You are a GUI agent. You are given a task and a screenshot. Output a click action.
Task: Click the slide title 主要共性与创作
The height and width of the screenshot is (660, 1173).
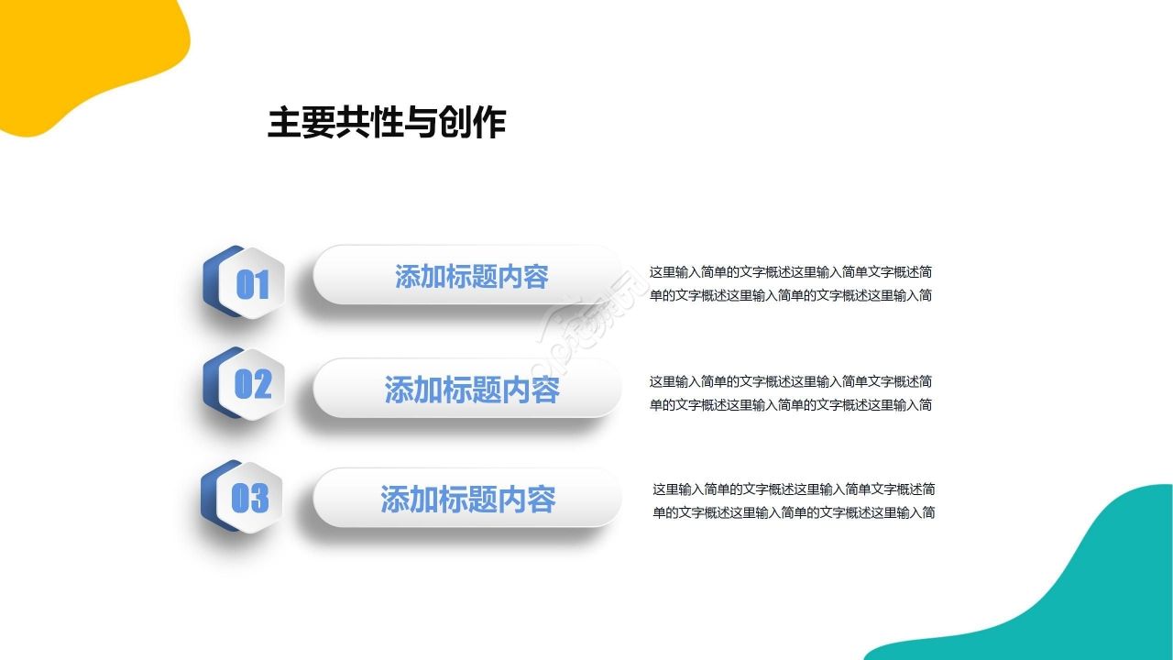(386, 123)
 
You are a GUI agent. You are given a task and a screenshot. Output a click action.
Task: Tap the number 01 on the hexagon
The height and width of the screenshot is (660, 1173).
(253, 285)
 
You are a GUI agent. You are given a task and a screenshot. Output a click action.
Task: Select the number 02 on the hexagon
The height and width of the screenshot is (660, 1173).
(253, 384)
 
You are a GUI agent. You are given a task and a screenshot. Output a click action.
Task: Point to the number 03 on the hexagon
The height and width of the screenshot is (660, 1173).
(250, 498)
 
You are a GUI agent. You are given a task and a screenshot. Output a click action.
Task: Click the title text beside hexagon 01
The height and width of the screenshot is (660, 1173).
(471, 276)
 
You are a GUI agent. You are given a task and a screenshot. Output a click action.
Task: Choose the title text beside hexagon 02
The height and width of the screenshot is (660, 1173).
(471, 390)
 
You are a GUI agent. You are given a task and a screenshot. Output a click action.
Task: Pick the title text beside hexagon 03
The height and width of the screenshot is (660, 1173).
(467, 500)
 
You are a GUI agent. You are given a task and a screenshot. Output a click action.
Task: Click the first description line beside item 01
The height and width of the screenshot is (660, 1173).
(791, 272)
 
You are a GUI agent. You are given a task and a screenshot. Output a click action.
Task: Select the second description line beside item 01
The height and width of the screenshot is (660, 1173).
(791, 295)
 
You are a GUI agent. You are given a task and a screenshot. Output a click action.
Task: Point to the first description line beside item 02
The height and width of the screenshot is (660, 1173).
(791, 381)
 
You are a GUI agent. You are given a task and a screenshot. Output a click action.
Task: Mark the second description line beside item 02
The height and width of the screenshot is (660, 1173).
(791, 404)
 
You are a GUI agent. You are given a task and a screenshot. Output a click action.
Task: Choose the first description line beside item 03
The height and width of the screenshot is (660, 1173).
(794, 489)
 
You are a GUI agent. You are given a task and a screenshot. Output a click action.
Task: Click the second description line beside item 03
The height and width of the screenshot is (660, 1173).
(794, 512)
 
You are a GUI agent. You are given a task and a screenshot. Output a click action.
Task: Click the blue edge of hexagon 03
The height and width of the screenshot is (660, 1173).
(210, 495)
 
